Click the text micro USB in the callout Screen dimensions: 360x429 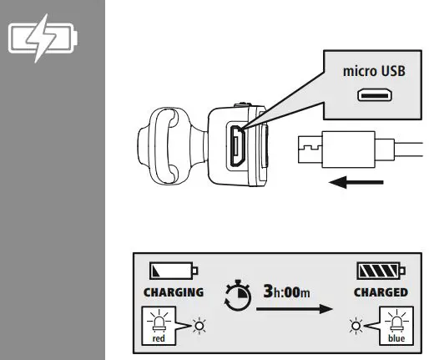374,71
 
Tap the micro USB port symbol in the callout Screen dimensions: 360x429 374,96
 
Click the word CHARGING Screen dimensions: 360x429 174,292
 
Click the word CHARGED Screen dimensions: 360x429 380,292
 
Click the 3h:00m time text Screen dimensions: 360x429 287,292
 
